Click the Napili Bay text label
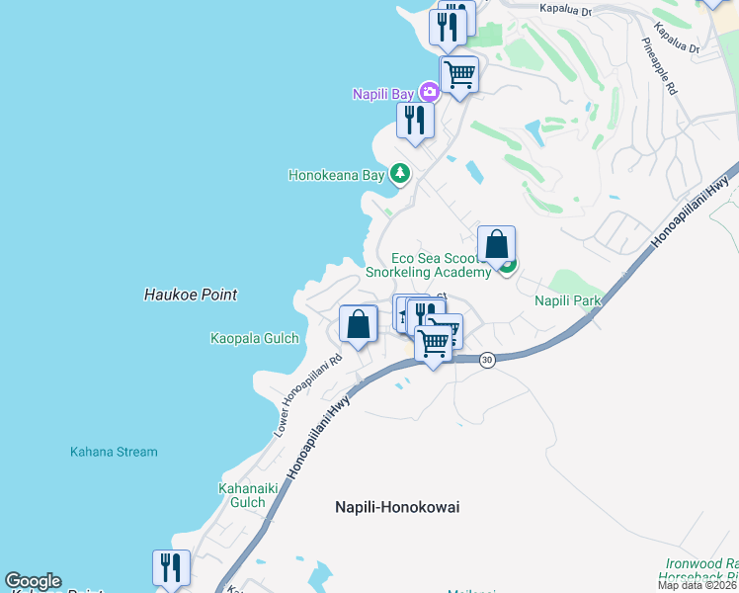(x=383, y=94)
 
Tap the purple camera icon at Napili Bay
(x=429, y=93)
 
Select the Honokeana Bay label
(x=335, y=176)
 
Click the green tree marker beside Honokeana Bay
(x=399, y=175)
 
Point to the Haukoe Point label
(x=190, y=295)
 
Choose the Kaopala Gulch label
(x=254, y=338)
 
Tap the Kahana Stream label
(x=113, y=452)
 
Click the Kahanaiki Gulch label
(x=242, y=495)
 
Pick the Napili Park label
(x=568, y=300)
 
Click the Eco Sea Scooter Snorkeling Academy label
(x=428, y=265)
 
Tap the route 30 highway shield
(x=487, y=361)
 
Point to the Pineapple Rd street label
(x=660, y=68)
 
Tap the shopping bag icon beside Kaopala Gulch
(x=358, y=324)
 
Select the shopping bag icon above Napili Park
(x=496, y=244)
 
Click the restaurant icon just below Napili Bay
(x=415, y=121)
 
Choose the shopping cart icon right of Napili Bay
(x=459, y=72)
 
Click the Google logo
(x=33, y=581)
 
